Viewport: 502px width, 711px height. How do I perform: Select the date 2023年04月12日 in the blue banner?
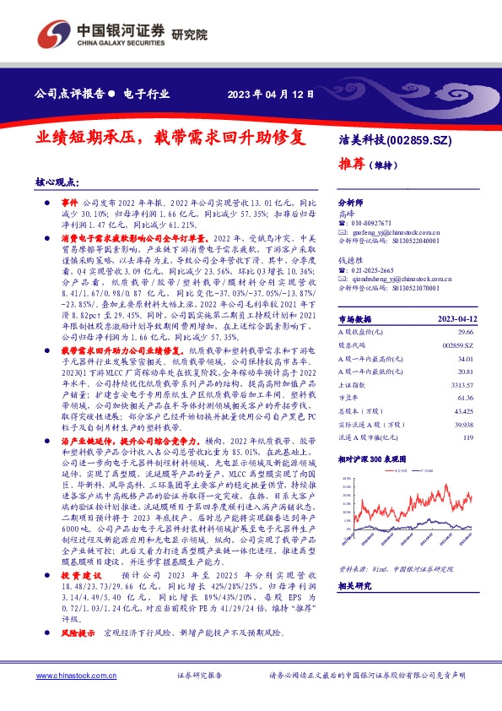[x=273, y=94]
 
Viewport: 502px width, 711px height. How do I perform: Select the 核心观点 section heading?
[x=57, y=182]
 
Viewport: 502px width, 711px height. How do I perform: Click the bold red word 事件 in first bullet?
[x=69, y=205]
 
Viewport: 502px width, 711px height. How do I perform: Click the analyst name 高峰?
[x=346, y=214]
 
